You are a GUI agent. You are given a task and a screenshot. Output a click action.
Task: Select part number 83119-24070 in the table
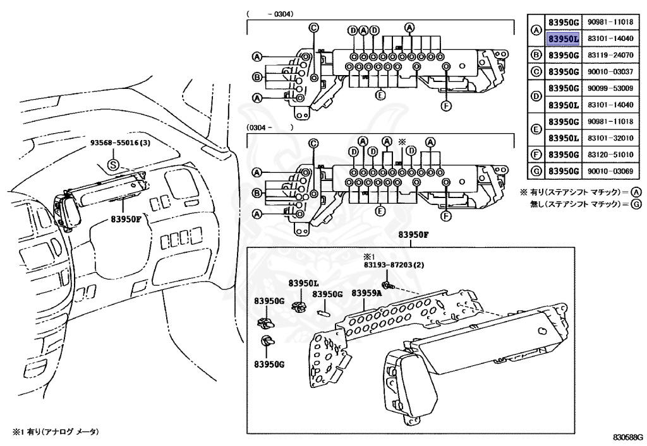610,56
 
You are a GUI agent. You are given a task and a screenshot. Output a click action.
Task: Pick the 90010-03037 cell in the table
610,72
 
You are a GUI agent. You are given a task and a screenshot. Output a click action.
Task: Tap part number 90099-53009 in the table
610,88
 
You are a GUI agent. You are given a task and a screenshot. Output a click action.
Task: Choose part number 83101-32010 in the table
610,138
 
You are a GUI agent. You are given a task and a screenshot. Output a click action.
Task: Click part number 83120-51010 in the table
610,154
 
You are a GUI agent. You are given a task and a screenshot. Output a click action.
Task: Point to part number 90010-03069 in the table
610,170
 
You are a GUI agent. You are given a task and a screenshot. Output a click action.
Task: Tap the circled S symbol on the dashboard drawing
112,165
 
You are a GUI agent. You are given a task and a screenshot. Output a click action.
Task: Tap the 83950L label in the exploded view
304,283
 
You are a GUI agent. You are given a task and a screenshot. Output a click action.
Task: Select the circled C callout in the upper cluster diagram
314,27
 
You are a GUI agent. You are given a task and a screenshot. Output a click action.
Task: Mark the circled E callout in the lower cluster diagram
380,210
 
